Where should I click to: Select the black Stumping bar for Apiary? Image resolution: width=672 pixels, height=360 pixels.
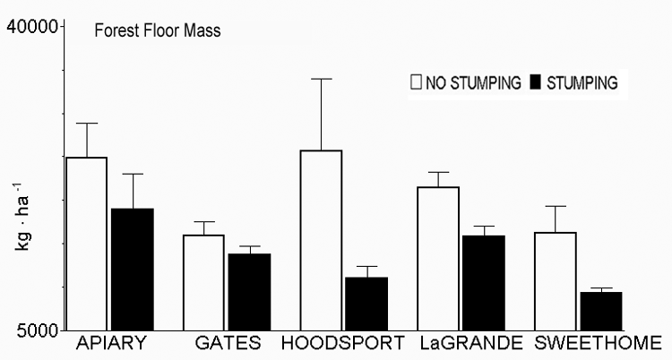coord(133,269)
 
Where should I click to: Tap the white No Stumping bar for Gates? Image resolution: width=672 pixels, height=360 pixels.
coord(204,282)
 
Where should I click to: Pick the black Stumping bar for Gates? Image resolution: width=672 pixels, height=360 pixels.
coord(249,292)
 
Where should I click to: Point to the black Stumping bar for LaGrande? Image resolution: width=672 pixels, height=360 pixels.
coord(484,282)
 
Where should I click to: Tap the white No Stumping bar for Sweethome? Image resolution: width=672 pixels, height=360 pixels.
coord(556,281)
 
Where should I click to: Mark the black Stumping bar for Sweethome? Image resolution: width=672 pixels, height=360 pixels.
coord(601,311)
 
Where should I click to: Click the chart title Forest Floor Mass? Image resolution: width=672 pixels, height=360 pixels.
coord(158,30)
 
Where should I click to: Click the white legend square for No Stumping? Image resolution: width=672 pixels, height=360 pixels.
coord(416,83)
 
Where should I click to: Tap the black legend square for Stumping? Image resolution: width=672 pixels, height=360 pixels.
coord(536,83)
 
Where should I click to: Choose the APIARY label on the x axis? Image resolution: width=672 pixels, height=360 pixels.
coord(111,343)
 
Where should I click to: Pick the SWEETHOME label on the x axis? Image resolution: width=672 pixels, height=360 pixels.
coord(598,343)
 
